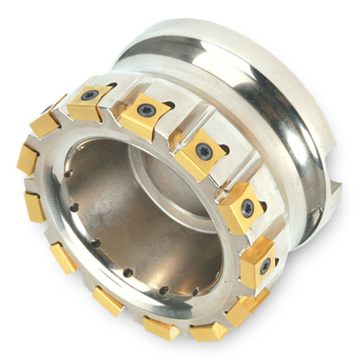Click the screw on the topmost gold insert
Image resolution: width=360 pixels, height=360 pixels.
[x=89, y=94]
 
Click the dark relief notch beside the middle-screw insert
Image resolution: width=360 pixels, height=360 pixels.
[x=224, y=150]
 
